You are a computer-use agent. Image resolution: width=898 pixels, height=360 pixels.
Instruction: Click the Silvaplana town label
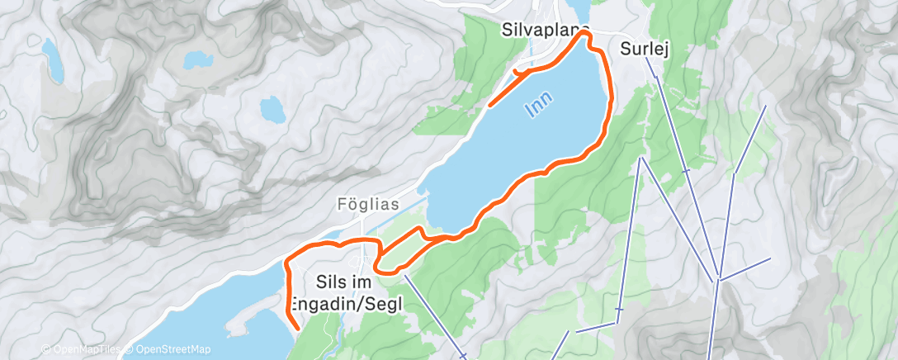pyautogui.click(x=545, y=30)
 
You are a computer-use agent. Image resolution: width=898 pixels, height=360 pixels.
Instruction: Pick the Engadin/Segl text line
pyautogui.click(x=359, y=303)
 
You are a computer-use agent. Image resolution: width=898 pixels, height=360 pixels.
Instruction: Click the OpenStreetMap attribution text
pyautogui.click(x=170, y=349)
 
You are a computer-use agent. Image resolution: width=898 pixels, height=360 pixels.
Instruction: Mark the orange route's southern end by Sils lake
pyautogui.click(x=296, y=329)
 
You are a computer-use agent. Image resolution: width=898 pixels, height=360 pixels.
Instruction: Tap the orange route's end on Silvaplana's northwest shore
pyautogui.click(x=489, y=106)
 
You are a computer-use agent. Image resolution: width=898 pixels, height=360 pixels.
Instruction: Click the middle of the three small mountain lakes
pyautogui.click(x=196, y=59)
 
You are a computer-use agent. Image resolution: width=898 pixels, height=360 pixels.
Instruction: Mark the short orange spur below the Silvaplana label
pyautogui.click(x=522, y=73)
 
